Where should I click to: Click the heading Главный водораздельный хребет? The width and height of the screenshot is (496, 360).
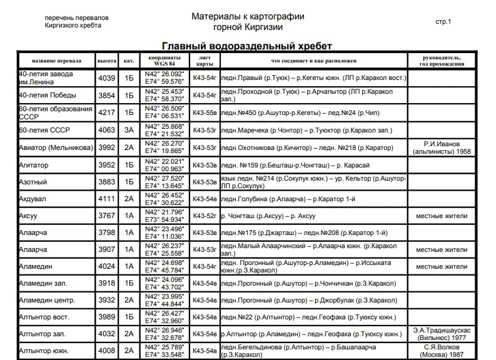(x=246, y=46)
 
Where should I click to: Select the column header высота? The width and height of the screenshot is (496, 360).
(x=107, y=61)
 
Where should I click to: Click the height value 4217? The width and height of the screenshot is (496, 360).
(x=107, y=112)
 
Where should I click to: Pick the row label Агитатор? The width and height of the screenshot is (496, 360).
(x=34, y=165)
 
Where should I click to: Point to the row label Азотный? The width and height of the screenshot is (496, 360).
(x=33, y=182)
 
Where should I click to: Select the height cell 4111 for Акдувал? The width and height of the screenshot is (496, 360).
(x=107, y=199)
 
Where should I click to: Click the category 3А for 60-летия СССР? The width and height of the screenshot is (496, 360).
(x=129, y=130)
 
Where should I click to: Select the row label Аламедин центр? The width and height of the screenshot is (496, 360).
(x=48, y=300)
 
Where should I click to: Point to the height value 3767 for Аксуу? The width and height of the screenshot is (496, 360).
(x=107, y=216)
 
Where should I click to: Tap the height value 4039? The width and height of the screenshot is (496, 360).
(x=107, y=78)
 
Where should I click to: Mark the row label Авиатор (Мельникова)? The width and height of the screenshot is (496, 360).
(x=56, y=147)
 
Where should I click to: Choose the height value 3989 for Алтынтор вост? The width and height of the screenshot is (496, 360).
(x=107, y=317)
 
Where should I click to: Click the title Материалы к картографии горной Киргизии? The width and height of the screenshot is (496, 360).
(x=248, y=22)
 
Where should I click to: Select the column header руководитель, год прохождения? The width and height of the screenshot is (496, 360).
(x=442, y=61)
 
